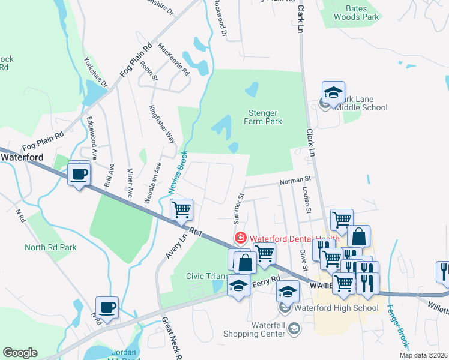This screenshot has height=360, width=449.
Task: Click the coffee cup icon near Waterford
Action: pyautogui.click(x=79, y=175)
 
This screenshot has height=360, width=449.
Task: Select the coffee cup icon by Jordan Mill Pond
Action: pyautogui.click(x=107, y=308)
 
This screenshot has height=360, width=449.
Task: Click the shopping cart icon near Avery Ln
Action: pyautogui.click(x=181, y=210)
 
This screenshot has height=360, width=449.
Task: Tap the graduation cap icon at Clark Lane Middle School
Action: pyautogui.click(x=333, y=93)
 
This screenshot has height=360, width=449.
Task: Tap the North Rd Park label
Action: pyautogui.click(x=50, y=247)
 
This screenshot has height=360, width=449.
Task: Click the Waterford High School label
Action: pyautogui.click(x=336, y=308)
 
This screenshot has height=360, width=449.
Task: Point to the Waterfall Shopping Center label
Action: pyautogui.click(x=255, y=329)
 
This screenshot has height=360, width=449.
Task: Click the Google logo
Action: pyautogui.click(x=20, y=353)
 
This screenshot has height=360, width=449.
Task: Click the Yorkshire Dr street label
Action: pyautogui.click(x=95, y=72)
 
